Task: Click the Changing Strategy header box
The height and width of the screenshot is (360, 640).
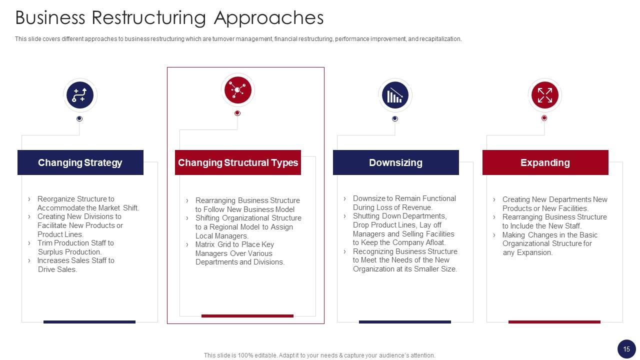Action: coord(80,162)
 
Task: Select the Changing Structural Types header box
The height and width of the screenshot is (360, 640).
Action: coord(238,162)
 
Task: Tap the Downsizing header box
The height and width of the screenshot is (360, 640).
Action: coord(395,162)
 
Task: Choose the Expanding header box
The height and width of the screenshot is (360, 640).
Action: coord(545,162)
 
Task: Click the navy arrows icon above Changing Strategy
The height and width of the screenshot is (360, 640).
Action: coord(79,95)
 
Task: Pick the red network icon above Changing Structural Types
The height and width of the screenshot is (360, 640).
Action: coord(237,90)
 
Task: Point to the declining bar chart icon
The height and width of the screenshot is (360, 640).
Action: coord(395,95)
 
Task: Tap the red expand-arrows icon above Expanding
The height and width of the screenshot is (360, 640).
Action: coord(544,95)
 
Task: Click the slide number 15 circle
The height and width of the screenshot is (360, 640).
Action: coord(626,349)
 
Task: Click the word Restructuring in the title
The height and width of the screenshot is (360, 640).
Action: coord(150,18)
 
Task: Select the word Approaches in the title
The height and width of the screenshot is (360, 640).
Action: coord(268,18)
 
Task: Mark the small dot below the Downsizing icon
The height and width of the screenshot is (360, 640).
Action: coord(395,118)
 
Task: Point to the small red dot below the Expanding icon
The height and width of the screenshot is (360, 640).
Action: coord(544,118)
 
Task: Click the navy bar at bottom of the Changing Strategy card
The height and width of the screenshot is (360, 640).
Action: coord(89,322)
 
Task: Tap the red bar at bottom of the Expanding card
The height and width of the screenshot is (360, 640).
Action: coord(554,322)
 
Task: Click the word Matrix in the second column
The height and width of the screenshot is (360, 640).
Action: coord(205,244)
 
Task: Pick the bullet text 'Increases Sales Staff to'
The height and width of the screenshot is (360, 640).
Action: coord(75,260)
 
